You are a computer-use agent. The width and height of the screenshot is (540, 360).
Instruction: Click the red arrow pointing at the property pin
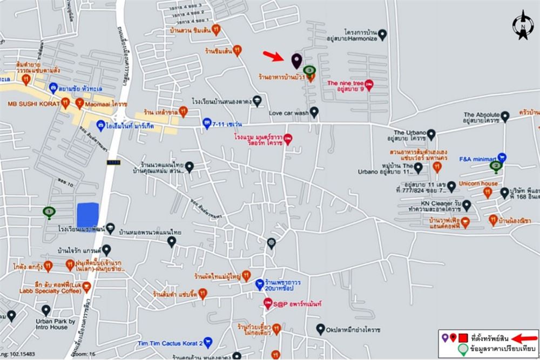(x=272, y=56)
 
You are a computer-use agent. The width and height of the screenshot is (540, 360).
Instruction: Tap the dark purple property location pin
(x=296, y=60)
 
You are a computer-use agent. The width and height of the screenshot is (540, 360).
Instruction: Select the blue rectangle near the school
(x=87, y=215)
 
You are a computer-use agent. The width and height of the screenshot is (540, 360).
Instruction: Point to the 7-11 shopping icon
(x=206, y=124)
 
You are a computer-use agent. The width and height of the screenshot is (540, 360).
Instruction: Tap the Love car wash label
(x=288, y=113)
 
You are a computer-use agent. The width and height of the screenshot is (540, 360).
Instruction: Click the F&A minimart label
(x=477, y=159)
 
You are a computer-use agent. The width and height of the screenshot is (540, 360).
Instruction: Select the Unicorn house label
(x=478, y=184)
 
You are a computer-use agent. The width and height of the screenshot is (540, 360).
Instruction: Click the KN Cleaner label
(x=431, y=203)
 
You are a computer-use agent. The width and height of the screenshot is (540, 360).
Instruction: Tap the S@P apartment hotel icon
(x=268, y=303)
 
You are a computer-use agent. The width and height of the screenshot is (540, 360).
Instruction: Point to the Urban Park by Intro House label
(x=52, y=324)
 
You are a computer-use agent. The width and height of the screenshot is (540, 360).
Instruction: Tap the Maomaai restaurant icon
(x=79, y=102)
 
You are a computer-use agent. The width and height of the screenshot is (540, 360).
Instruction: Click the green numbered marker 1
(x=49, y=212)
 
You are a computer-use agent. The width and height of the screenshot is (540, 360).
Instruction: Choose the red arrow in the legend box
(x=524, y=339)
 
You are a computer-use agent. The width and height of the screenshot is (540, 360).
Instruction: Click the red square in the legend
(x=463, y=339)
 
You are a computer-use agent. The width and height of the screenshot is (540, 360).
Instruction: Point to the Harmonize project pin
(x=382, y=35)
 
